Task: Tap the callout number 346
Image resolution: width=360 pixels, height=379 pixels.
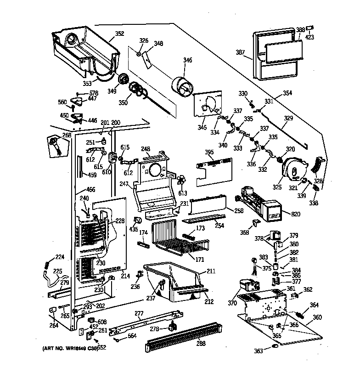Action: [188, 60]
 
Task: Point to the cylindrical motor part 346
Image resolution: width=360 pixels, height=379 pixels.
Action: [183, 87]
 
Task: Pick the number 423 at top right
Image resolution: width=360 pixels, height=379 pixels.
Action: [310, 37]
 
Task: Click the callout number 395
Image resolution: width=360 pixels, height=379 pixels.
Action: [209, 152]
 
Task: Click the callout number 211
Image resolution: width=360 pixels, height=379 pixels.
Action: [211, 271]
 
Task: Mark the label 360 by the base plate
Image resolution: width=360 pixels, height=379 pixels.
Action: [317, 317]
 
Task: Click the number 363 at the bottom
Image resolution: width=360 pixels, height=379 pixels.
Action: [259, 351]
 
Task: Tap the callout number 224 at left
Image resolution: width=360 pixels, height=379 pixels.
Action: [60, 257]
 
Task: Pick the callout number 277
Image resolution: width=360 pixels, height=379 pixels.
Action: [139, 313]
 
